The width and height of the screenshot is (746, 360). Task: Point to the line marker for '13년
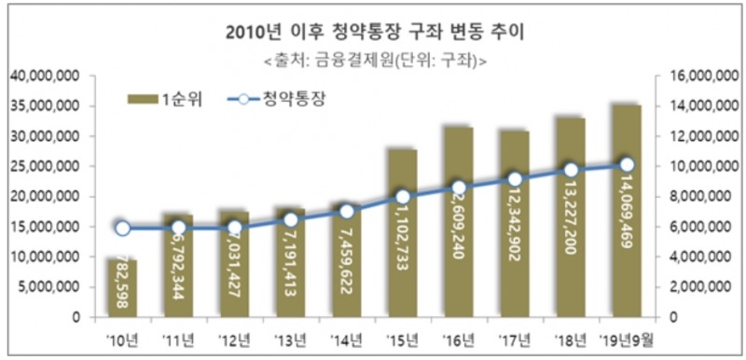click(290, 220)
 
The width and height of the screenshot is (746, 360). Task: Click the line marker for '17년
click(515, 179)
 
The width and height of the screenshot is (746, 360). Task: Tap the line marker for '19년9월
click(627, 165)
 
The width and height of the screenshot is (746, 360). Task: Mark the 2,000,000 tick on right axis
click(701, 287)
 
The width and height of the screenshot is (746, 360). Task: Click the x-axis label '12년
click(234, 338)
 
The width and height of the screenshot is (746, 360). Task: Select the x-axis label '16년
click(458, 338)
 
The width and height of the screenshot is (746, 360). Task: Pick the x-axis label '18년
click(571, 338)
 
